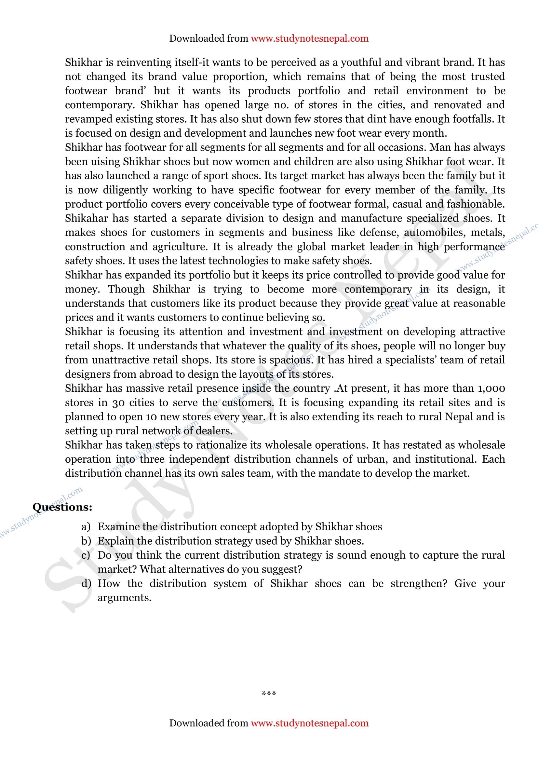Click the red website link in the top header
pos(309,38)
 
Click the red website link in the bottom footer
pos(309,723)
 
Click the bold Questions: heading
pos(62,507)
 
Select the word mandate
pos(341,473)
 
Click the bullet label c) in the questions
pos(86,555)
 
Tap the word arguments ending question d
pos(124,598)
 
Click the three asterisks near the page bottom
pos(269,693)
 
